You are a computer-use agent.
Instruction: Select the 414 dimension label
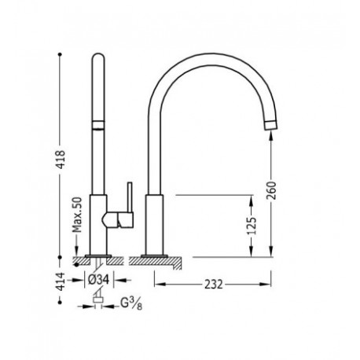coord(59,281)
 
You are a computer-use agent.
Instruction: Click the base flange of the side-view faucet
coord(160,258)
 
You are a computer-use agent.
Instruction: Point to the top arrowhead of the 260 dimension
coord(271,135)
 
